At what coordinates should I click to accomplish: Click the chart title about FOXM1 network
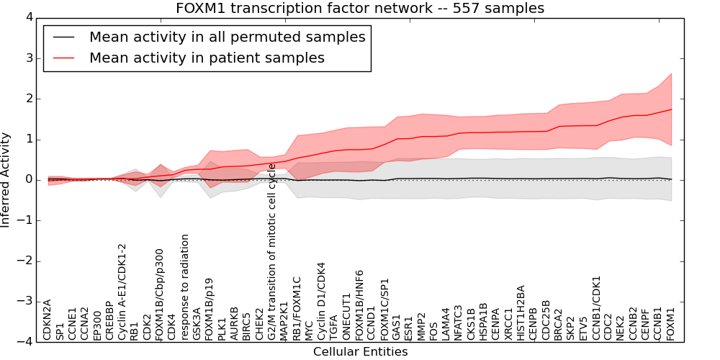(360, 9)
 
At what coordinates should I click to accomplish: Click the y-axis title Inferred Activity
(6, 179)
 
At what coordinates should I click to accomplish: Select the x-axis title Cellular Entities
(360, 352)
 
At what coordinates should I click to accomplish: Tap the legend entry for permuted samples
(227, 37)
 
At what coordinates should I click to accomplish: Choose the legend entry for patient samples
(207, 58)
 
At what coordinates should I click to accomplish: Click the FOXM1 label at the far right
(671, 323)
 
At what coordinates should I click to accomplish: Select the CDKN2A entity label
(48, 319)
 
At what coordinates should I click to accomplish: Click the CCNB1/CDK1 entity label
(596, 307)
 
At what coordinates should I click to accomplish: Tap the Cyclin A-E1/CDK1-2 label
(122, 292)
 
